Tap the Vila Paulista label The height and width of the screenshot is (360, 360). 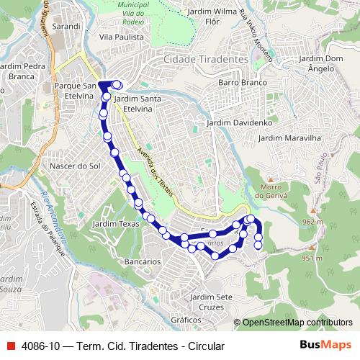click(119, 35)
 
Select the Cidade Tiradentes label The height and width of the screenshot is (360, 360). click(205, 59)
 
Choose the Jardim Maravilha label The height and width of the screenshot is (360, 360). click(289, 137)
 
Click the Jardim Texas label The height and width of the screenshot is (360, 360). click(115, 225)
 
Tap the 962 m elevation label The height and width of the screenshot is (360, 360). click(312, 222)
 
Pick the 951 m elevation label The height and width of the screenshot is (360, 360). click(310, 258)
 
